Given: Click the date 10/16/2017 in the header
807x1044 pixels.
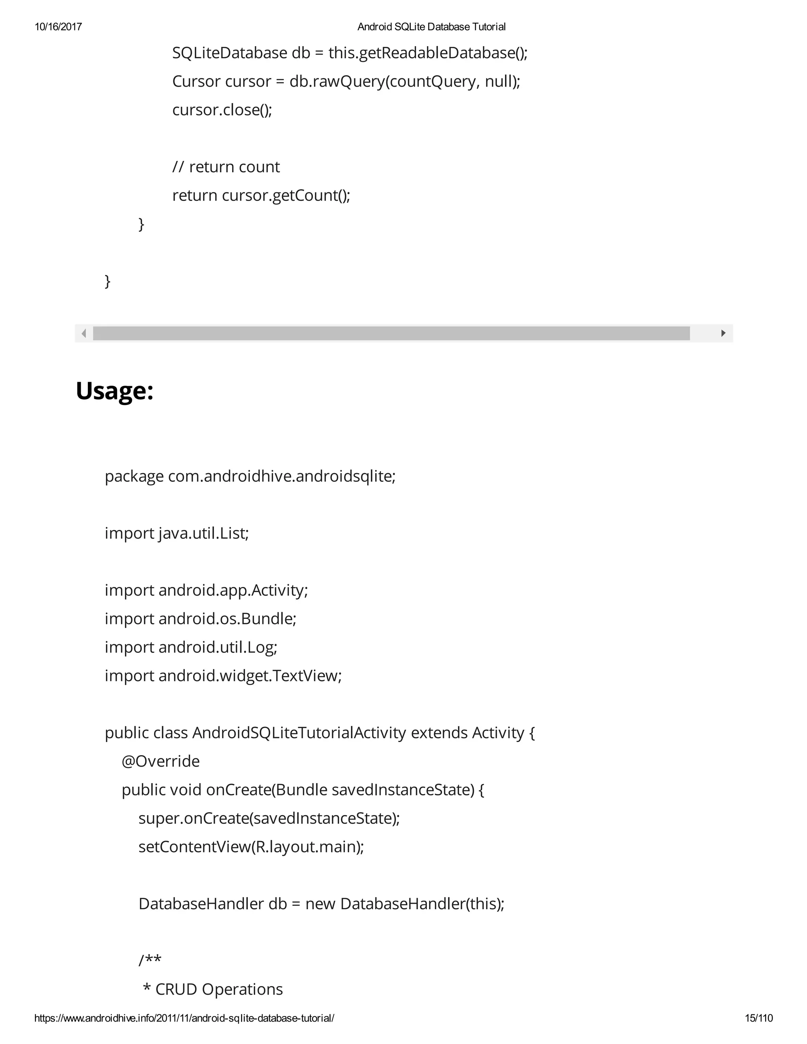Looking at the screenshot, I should [58, 27].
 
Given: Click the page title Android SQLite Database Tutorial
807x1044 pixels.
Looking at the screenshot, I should [431, 27].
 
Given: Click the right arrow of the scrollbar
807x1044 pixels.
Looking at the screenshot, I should [723, 333].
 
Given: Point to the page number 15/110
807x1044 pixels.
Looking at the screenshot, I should [759, 1018].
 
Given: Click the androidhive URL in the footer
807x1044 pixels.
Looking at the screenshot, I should [184, 1018].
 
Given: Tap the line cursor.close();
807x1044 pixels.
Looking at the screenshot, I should [222, 110].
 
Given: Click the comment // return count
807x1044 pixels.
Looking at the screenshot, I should [226, 167].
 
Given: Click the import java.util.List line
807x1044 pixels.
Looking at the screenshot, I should [177, 533].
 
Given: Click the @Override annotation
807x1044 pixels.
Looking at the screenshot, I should [161, 761].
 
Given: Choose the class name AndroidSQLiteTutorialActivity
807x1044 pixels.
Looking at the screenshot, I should [299, 733].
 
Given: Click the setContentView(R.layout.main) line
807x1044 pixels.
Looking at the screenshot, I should [251, 847].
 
